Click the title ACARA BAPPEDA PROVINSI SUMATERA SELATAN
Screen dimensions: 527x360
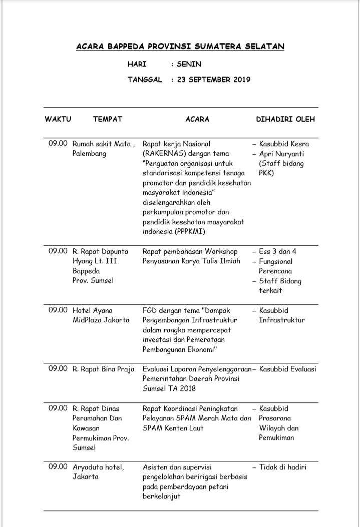[x=180, y=47]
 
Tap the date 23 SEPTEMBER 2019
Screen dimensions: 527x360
[x=213, y=80]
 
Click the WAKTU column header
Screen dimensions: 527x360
[x=58, y=120]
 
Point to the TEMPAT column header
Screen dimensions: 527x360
[x=108, y=120]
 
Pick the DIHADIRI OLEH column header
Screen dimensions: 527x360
[x=285, y=120]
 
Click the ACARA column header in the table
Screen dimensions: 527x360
[x=197, y=120]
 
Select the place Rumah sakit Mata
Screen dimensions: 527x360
[x=102, y=144]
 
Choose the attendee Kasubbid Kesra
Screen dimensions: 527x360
[x=284, y=144]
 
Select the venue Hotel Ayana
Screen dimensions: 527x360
[x=93, y=310]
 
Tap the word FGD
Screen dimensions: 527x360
[x=151, y=310]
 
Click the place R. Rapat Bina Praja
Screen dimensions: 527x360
[x=104, y=369]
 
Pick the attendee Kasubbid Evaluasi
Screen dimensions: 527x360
[x=287, y=369]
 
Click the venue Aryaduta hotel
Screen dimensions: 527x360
[x=99, y=467]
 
